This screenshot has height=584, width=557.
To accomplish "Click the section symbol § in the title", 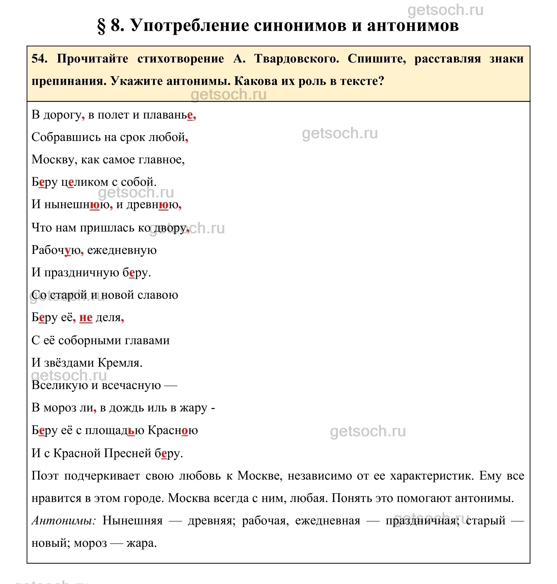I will pyautogui.click(x=102, y=26).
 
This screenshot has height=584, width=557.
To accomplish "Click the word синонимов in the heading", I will pyautogui.click(x=300, y=26).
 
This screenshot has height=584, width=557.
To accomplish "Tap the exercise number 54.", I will pyautogui.click(x=39, y=59).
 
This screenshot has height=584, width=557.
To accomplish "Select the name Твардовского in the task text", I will pyautogui.click(x=296, y=59).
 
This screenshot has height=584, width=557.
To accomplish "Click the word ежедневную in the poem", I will pyautogui.click(x=122, y=250).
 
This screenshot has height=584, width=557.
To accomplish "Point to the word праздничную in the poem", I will pyautogui.click(x=82, y=273).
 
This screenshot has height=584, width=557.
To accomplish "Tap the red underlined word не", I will pyautogui.click(x=86, y=318).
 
